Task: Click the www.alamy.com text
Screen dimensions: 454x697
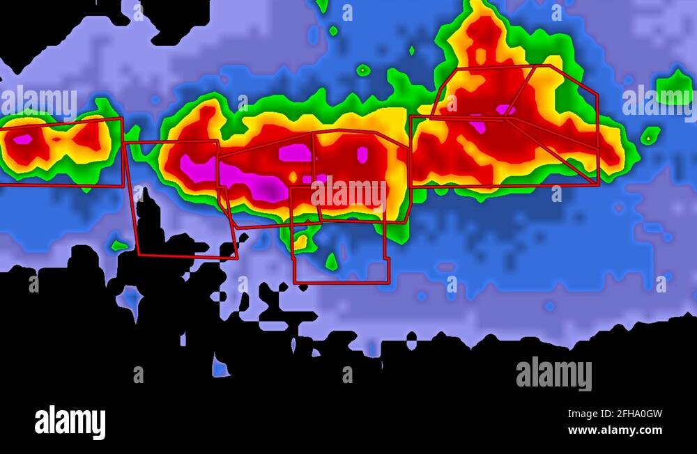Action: click(615, 430)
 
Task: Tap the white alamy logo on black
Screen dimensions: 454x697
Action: click(70, 423)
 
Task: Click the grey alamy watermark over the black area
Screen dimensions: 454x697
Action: click(554, 374)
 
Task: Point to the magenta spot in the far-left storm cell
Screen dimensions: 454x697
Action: click(22, 139)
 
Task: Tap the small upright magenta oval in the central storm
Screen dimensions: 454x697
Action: click(362, 155)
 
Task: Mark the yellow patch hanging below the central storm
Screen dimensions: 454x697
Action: click(301, 242)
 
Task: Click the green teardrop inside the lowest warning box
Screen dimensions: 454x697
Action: click(332, 262)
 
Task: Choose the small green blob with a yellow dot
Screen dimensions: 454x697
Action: click(650, 136)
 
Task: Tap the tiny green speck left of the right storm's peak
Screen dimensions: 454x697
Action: click(411, 50)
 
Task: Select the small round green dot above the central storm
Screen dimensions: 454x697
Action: click(363, 70)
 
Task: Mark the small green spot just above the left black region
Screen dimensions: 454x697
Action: click(119, 245)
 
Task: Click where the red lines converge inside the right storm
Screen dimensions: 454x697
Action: click(507, 118)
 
